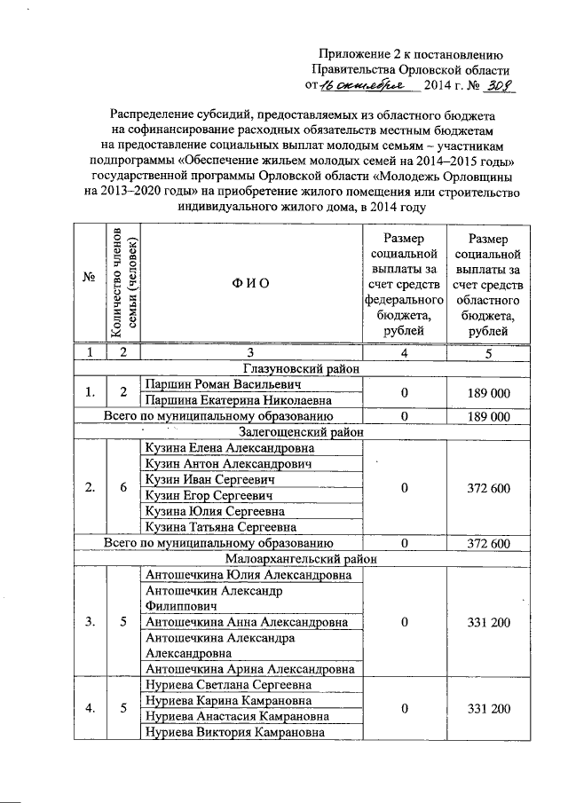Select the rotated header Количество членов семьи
(x=123, y=283)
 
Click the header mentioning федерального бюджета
(x=404, y=283)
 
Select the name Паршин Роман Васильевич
(x=223, y=385)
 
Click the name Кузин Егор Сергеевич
(x=209, y=495)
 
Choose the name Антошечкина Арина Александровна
(x=250, y=669)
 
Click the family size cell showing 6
(x=123, y=487)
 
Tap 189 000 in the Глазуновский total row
(x=488, y=416)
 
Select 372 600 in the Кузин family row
(x=488, y=487)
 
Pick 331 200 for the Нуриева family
(x=488, y=709)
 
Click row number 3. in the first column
(x=90, y=622)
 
